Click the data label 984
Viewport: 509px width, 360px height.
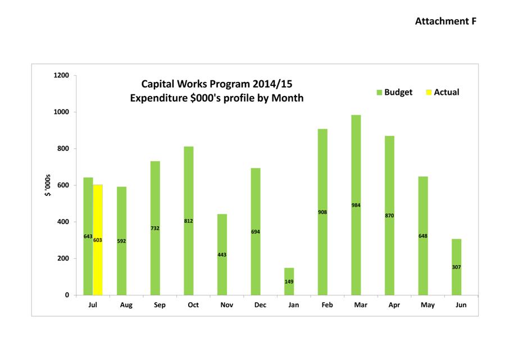pos(356,205)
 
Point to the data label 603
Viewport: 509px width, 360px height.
pos(98,240)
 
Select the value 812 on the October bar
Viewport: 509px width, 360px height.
pos(189,221)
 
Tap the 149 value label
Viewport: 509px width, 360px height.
pos(289,281)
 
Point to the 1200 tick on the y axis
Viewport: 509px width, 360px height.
pos(61,75)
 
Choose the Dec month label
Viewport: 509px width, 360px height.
pos(260,305)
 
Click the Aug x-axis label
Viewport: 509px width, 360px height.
pos(126,305)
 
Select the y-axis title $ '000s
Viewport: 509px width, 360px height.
pos(48,185)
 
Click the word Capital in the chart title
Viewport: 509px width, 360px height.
pos(160,84)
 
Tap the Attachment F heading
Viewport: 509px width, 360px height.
pos(446,21)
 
